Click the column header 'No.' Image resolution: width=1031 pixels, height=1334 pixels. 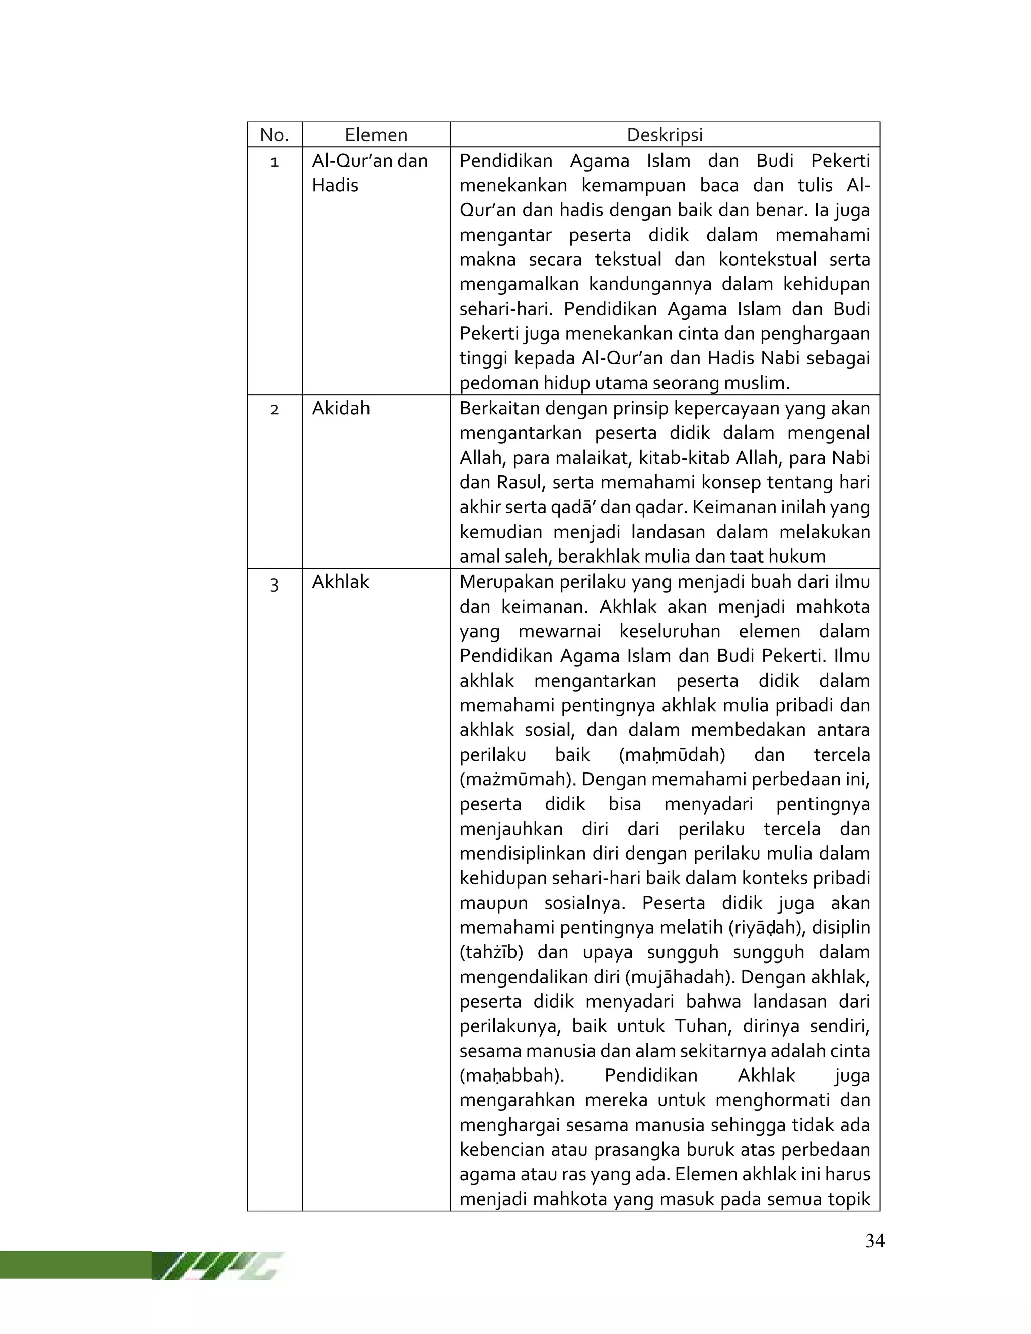274,135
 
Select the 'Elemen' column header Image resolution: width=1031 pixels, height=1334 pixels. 376,135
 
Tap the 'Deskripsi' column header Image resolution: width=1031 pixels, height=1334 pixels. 665,135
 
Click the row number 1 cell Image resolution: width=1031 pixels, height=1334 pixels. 274,162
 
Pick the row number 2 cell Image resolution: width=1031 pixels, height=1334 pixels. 274,409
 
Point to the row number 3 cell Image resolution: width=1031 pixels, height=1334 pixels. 274,584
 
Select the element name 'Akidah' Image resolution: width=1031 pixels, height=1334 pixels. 341,408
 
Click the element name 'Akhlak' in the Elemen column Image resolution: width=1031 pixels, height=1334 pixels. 340,582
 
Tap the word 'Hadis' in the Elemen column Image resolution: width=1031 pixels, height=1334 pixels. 335,186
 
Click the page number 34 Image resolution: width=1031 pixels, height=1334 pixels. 874,1240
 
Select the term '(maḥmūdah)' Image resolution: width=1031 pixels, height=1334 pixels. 672,755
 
